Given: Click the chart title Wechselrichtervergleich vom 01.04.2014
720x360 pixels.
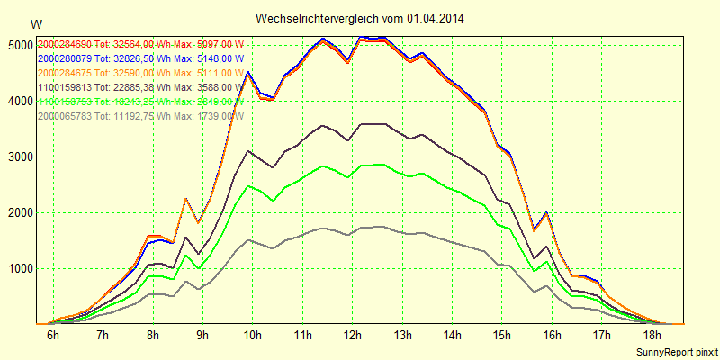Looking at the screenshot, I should [x=360, y=18].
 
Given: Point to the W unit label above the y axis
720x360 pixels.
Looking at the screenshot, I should [x=35, y=23].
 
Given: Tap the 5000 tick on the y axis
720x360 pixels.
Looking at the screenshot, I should [x=22, y=45].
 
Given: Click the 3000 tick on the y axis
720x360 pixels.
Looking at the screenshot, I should [x=22, y=157].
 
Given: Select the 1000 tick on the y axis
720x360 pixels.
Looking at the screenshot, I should [x=22, y=268].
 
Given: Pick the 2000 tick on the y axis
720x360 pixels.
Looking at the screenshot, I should [x=22, y=212].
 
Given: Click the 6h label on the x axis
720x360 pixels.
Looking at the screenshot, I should [x=53, y=336].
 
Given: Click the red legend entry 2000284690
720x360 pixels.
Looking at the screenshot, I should [x=139, y=44].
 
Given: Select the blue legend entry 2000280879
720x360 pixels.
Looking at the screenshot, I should [x=139, y=58].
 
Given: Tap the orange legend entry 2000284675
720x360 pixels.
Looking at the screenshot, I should [x=139, y=73].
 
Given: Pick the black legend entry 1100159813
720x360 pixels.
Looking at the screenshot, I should [x=139, y=87].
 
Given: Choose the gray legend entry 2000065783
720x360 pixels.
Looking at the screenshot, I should [x=139, y=116].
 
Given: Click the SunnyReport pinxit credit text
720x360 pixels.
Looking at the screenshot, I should [x=676, y=350].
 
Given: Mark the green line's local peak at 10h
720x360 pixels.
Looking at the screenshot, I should [x=248, y=185].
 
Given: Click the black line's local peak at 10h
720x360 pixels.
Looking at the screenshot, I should [x=248, y=151].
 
